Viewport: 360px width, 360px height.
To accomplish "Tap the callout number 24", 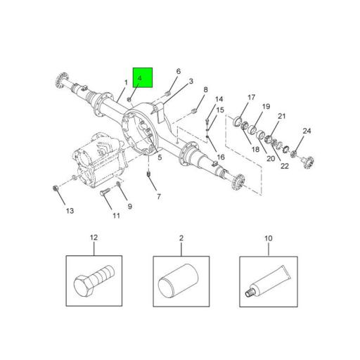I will [307, 131].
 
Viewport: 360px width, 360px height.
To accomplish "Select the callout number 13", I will [69, 211].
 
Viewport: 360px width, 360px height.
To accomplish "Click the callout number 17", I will [251, 98].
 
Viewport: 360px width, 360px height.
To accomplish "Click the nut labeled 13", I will [56, 188].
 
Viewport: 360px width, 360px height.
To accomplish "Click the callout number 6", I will [178, 71].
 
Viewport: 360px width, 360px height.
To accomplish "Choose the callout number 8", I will [205, 90].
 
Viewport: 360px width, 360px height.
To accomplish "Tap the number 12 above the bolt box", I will [94, 238].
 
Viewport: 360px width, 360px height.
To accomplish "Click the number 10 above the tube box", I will [268, 238].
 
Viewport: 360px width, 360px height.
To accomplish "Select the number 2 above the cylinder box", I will [181, 238].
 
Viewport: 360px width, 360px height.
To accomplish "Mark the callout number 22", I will [284, 166].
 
